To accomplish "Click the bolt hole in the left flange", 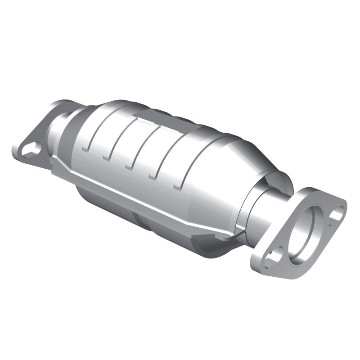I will click(30, 149).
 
